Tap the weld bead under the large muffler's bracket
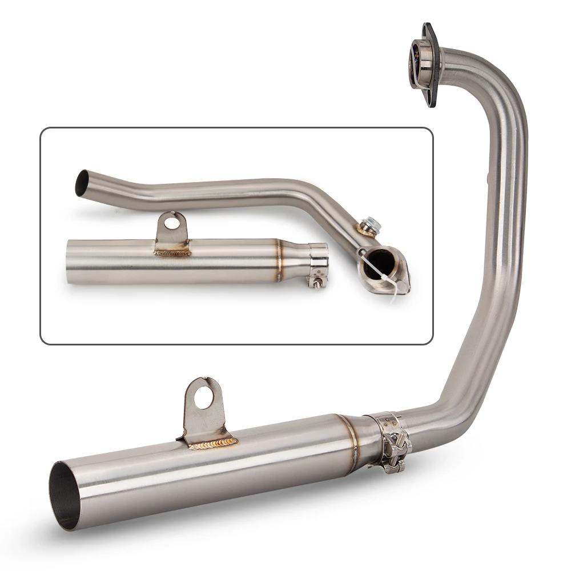point(212,443)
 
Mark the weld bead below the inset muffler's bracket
point(172,252)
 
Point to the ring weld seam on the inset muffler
point(279,260)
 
